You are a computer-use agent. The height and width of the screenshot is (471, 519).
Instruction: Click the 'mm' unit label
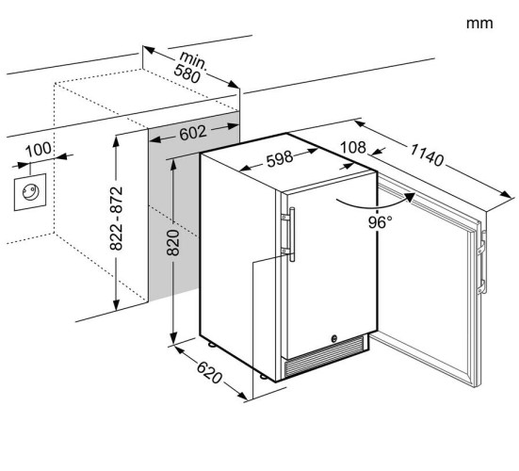pos(479,24)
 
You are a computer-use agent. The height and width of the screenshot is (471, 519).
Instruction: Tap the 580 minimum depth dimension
pos(187,73)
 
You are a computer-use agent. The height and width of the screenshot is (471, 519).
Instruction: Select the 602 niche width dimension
pos(193,133)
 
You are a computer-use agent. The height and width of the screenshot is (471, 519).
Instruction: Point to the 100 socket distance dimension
pos(39,150)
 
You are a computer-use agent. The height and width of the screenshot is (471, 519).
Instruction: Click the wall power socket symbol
pos(30,192)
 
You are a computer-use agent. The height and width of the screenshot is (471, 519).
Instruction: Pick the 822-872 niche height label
pos(116,219)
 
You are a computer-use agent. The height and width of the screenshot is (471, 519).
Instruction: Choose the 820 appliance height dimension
pos(173,243)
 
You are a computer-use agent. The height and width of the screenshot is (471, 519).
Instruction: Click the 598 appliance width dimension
pos(280,159)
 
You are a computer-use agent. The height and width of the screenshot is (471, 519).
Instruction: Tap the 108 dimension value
pos(353,148)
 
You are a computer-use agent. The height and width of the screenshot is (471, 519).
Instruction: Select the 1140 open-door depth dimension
pos(427,154)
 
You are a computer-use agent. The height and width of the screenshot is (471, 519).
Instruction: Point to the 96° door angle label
pos(381,222)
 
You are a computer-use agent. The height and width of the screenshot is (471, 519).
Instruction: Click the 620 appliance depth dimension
pos(209,372)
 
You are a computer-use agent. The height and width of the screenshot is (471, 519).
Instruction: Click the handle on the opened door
pos(482,262)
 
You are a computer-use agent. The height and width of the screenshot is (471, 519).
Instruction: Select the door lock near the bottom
pos(334,338)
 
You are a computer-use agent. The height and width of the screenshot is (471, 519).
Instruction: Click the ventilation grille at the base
pos(324,357)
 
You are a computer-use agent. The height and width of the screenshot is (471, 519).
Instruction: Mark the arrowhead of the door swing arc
pos(410,197)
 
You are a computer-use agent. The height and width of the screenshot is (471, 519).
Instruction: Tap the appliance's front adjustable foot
pos(263,376)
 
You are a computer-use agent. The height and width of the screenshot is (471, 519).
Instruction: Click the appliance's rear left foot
pos(211,345)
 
